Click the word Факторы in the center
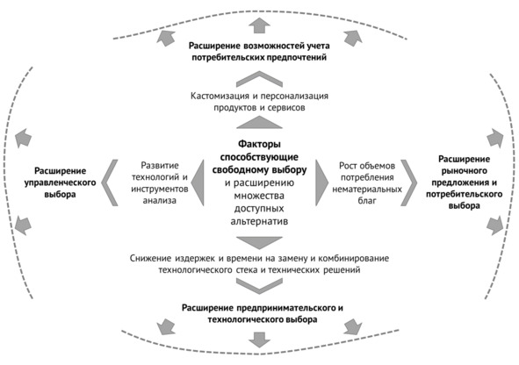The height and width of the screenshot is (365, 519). tap(260, 144)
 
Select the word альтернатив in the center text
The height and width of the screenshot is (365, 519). tap(259, 221)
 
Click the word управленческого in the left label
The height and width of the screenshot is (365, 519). tap(60, 182)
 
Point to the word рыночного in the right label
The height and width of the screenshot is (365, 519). tap(464, 171)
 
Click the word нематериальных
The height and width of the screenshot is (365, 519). tap(367, 190)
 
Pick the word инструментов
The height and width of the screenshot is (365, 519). tap(160, 190)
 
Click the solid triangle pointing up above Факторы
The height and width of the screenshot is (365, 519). tap(259, 122)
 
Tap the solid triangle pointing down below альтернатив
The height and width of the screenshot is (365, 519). tap(259, 243)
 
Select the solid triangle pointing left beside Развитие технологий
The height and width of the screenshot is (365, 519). tap(198, 182)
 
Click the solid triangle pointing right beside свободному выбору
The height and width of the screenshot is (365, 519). tap(321, 182)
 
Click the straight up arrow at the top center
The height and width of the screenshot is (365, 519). tap(259, 25)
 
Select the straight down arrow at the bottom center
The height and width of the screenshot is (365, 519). tap(259, 340)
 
